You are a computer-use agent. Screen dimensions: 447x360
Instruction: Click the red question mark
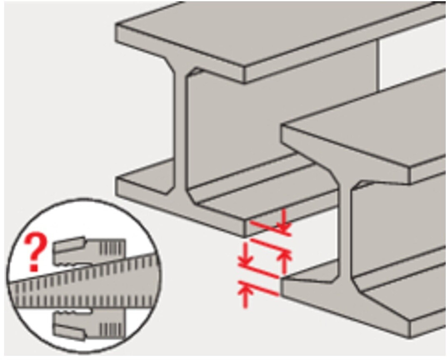(35, 252)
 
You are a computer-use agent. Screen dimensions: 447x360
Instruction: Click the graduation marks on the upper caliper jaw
(112, 247)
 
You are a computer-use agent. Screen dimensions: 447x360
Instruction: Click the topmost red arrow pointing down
(284, 221)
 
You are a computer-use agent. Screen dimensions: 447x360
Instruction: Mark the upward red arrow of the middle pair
(284, 262)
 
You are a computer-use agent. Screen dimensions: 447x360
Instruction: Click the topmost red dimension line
(271, 229)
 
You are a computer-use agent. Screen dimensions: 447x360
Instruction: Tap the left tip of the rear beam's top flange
(116, 25)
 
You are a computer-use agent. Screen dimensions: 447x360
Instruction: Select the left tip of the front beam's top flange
(281, 125)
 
